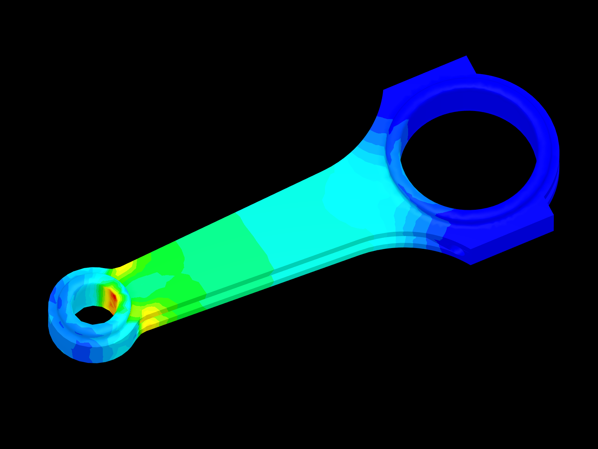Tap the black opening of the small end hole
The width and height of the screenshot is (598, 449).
pos(93,315)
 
